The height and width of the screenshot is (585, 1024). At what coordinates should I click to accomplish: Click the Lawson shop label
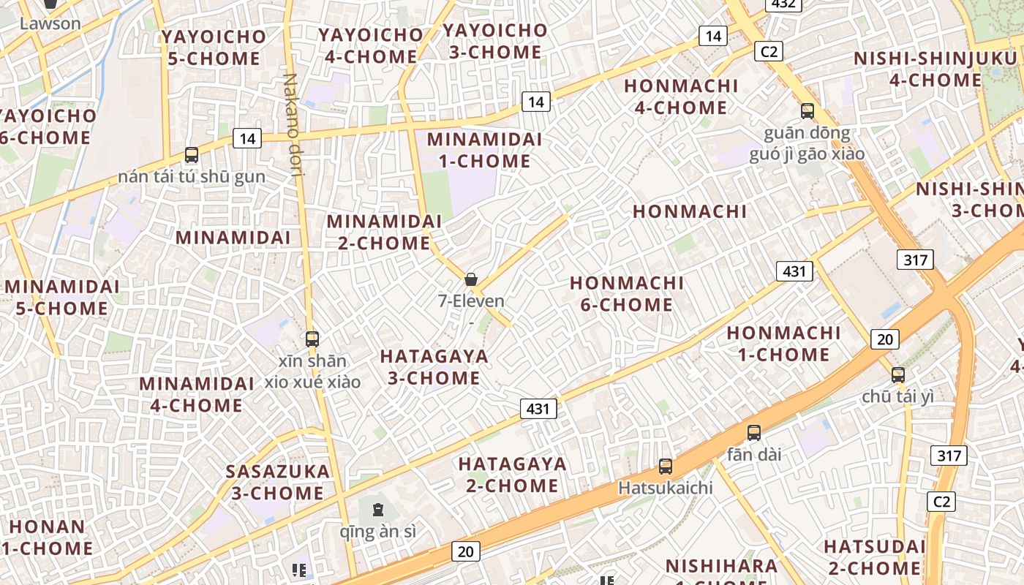tap(50, 23)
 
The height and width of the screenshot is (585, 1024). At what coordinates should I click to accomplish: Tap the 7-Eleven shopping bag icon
tap(471, 279)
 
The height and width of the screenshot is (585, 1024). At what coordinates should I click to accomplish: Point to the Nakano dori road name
tap(292, 125)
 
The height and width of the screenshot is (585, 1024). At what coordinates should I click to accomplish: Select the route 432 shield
tap(783, 4)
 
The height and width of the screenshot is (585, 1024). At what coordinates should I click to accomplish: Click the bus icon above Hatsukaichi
tap(665, 466)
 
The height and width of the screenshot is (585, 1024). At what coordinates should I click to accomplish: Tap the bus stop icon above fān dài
tap(754, 433)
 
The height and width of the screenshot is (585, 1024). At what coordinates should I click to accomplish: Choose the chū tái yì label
tap(897, 397)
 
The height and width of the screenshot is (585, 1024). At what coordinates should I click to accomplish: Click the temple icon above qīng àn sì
tap(378, 510)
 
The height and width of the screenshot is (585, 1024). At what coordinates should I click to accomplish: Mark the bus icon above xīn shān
tap(312, 339)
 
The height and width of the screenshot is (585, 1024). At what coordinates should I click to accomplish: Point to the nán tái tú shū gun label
tap(192, 177)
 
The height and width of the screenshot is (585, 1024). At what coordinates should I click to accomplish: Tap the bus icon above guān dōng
tap(807, 111)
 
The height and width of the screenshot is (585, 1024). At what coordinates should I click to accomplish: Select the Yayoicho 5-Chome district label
tap(214, 48)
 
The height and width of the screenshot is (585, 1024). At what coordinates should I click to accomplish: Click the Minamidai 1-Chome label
tap(484, 150)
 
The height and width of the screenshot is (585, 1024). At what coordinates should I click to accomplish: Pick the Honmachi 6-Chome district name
tap(627, 293)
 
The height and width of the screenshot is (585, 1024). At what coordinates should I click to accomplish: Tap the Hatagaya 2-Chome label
tap(512, 475)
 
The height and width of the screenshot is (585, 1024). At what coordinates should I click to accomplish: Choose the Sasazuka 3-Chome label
tap(278, 482)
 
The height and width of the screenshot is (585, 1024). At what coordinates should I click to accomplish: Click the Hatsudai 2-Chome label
tap(874, 556)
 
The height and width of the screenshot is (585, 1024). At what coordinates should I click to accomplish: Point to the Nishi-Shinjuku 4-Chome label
tap(938, 69)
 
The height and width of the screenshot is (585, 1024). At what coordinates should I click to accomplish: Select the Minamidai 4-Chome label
tap(197, 394)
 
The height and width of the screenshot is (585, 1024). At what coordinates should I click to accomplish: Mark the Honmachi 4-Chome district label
tap(681, 97)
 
